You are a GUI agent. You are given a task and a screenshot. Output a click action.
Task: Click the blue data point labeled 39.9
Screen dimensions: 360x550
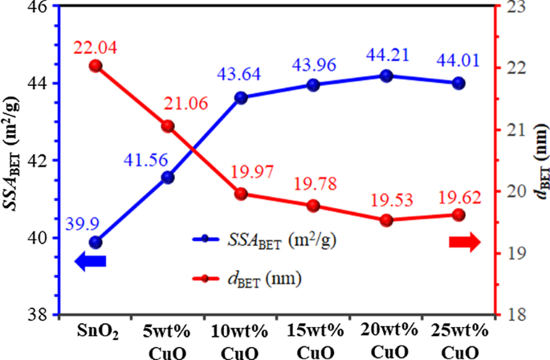96,242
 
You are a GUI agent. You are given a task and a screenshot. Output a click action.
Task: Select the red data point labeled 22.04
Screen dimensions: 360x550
96,66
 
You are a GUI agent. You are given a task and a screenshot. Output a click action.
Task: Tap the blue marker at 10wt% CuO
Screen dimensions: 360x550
241,97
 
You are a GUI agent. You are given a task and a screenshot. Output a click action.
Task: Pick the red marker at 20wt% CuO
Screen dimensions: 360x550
386,220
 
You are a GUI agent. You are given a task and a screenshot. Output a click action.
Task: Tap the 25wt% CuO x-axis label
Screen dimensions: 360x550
458,341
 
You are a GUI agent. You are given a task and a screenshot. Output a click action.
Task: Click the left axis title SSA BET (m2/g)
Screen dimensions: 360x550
14,161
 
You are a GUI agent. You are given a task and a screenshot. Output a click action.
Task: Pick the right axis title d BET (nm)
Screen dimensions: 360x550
536,161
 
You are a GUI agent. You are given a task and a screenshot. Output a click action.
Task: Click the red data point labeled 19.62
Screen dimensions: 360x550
458,215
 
